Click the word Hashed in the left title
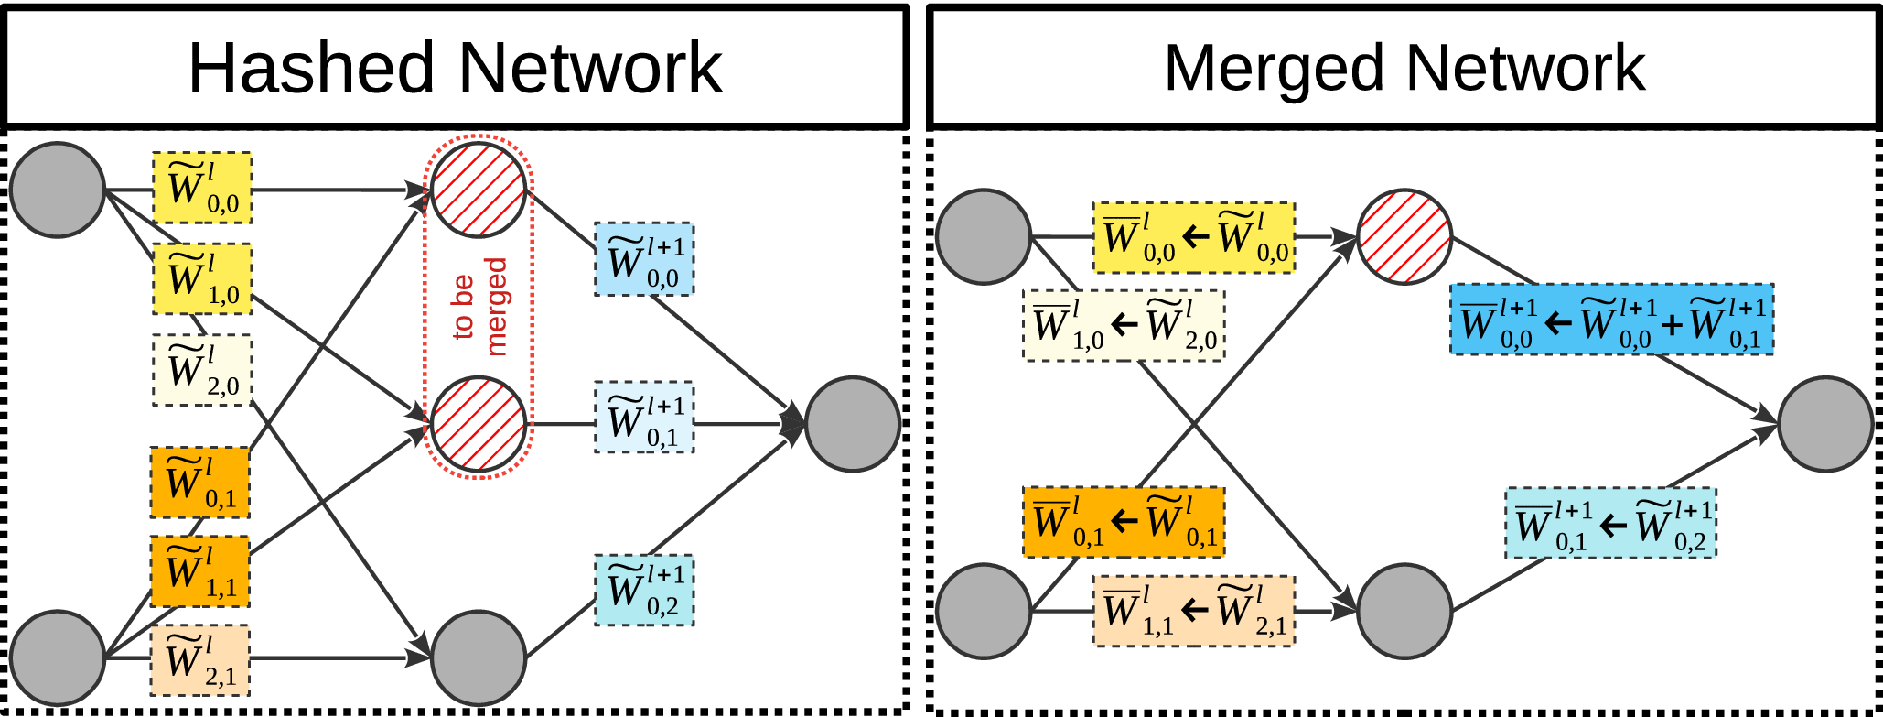[x=310, y=68]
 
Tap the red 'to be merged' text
[x=479, y=307]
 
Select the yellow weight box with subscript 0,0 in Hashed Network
[x=202, y=188]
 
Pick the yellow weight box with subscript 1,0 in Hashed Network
[x=202, y=279]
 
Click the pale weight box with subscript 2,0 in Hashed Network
[x=202, y=370]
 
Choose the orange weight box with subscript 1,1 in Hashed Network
[x=200, y=571]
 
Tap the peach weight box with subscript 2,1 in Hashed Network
[x=200, y=660]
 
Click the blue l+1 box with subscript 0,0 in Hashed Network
[x=644, y=259]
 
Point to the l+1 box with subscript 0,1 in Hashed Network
[x=644, y=418]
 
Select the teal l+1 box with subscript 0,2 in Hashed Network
[x=644, y=590]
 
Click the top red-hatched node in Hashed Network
[x=479, y=190]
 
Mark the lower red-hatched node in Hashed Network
[x=479, y=425]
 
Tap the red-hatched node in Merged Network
[x=1404, y=237]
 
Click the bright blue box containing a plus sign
[x=1611, y=320]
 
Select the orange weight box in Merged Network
[x=1124, y=522]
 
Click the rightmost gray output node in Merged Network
[x=1825, y=425]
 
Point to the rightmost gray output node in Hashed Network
[x=853, y=425]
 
